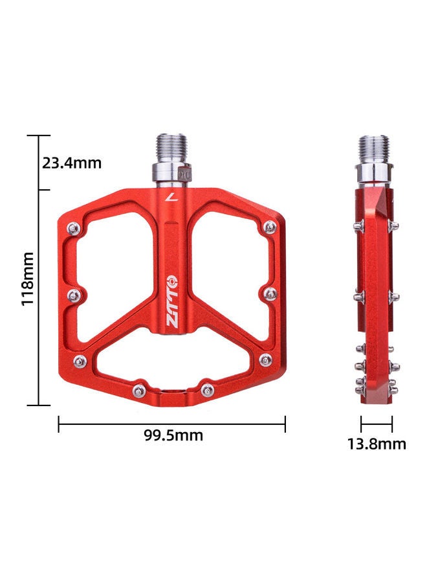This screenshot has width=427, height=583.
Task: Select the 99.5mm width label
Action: click(173, 435)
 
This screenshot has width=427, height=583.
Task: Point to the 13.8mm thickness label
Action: click(377, 444)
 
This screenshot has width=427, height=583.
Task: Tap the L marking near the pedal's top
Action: click(170, 198)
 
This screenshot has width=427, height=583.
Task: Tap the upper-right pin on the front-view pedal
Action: click(269, 227)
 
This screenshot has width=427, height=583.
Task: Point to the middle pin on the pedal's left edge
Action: click(76, 295)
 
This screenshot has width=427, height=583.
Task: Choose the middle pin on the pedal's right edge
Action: click(270, 294)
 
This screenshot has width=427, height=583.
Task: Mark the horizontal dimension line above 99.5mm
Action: click(172, 424)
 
